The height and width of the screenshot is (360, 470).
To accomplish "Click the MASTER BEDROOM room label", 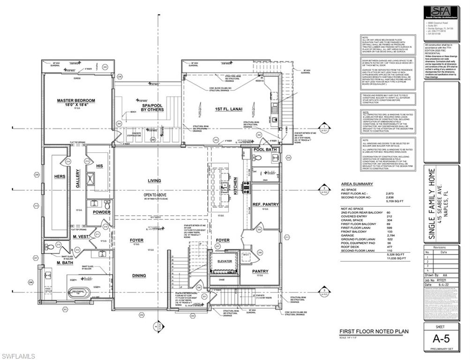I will point(76,100).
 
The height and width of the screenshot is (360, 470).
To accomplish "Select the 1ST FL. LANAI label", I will point(228,109).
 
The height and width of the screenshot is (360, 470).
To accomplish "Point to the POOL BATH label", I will point(265,149).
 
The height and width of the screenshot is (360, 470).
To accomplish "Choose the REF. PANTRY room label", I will point(265,204).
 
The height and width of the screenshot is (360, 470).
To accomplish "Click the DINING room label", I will point(139,276).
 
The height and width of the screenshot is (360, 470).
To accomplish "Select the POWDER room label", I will point(101,212).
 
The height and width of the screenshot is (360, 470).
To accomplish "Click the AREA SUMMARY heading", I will point(357,184).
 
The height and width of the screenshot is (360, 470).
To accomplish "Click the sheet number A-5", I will point(441,338).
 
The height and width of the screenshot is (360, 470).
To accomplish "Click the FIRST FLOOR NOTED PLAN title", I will point(373,331).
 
